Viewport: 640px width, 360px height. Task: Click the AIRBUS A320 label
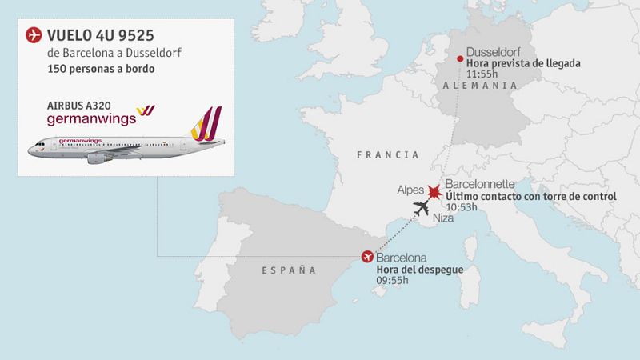tap(79, 104)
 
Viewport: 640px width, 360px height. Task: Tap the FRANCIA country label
tap(388, 154)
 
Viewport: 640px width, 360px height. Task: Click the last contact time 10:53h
tap(462, 208)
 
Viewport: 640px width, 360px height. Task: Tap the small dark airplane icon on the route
tap(421, 209)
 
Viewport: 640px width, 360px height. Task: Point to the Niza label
tap(443, 218)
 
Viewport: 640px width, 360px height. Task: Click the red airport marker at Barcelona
tap(367, 257)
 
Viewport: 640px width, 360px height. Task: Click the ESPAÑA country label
tap(289, 270)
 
